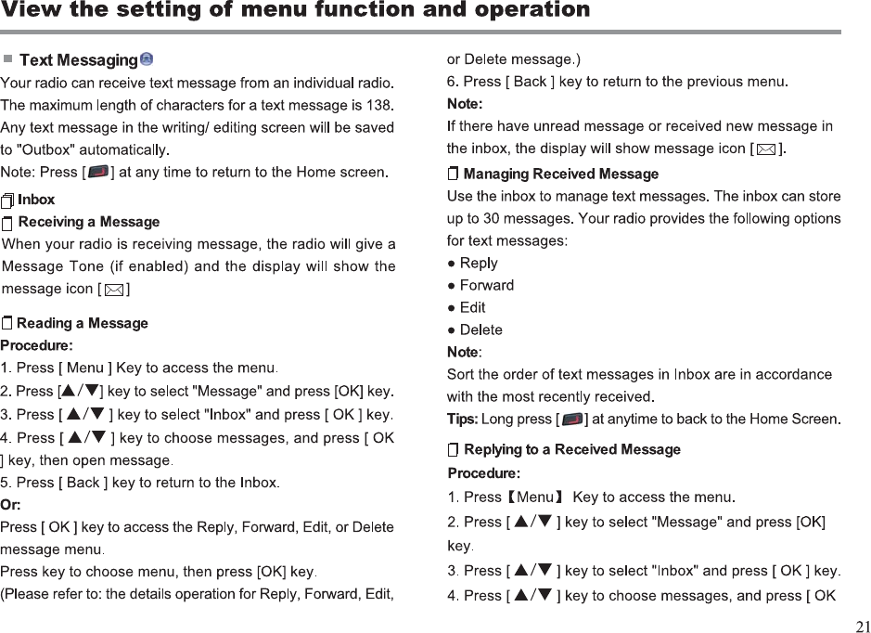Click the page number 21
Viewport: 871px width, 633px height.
861,625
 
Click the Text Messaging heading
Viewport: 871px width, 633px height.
78,60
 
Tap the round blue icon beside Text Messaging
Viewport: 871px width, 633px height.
147,59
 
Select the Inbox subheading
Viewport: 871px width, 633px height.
36,200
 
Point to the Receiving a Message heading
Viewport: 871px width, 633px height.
88,222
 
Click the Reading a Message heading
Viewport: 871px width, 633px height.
82,323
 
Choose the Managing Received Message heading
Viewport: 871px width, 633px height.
560,174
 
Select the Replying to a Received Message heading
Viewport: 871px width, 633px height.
571,450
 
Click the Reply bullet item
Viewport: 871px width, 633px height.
479,263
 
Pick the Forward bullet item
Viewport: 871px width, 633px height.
486,285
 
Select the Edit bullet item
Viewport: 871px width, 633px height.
472,307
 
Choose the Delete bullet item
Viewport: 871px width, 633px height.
480,329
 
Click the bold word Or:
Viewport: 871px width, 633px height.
11,505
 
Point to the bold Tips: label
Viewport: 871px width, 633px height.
462,420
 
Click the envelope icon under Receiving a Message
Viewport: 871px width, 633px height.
113,290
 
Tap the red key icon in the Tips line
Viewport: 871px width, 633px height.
572,420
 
